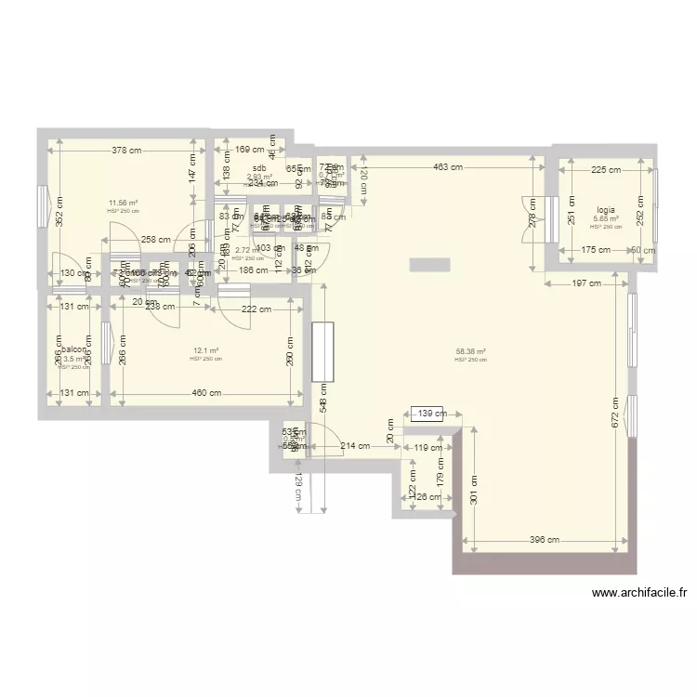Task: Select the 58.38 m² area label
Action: [x=471, y=352]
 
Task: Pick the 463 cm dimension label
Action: [x=447, y=168]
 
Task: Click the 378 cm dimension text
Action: [x=126, y=150]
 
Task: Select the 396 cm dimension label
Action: [x=546, y=540]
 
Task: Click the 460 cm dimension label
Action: [x=206, y=393]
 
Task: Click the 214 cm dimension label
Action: [x=355, y=446]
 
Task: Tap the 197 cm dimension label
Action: [x=586, y=283]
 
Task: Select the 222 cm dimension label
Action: [x=256, y=309]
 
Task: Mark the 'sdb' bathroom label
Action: [x=259, y=168]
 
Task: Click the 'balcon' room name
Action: [x=74, y=351]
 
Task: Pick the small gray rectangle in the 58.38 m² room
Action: [x=435, y=263]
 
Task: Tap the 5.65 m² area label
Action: [x=606, y=219]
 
